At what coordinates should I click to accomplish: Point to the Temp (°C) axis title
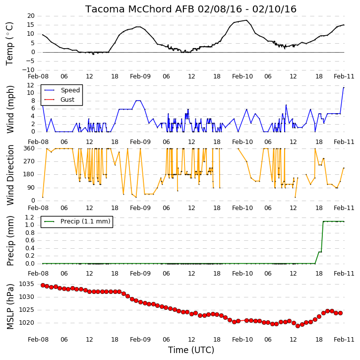[9, 44]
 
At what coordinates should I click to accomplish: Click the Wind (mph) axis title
[10, 109]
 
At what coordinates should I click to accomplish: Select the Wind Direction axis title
[10, 175]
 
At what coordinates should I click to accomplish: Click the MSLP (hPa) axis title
[10, 306]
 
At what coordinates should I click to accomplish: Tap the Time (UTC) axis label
[191, 350]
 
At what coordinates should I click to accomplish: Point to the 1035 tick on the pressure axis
[26, 284]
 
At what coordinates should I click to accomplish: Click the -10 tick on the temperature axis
[28, 70]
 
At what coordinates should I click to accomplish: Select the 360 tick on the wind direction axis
[29, 148]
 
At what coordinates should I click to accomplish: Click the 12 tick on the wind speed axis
[31, 85]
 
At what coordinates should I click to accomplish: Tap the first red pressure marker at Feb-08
[43, 286]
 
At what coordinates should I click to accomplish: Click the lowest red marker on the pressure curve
[298, 326]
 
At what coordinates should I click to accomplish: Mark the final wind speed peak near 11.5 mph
[344, 87]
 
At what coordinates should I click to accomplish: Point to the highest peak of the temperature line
[246, 20]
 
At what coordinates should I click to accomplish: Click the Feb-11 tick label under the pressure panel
[344, 340]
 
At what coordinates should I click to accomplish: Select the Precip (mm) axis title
[10, 241]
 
